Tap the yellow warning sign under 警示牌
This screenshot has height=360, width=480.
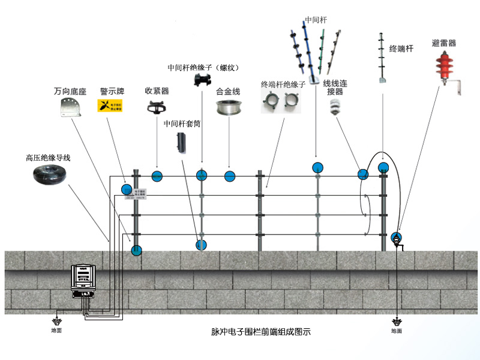coord(110,107)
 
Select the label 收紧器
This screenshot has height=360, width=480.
coord(157,91)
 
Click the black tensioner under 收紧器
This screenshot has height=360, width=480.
coord(157,107)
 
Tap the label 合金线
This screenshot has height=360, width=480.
coord(228,92)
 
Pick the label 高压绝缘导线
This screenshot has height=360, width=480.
coord(48,158)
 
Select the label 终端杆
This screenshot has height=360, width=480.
coord(401,49)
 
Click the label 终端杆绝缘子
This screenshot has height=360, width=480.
coord(283,85)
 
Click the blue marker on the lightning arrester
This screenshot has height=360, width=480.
coord(396,237)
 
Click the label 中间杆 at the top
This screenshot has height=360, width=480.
coord(316,20)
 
